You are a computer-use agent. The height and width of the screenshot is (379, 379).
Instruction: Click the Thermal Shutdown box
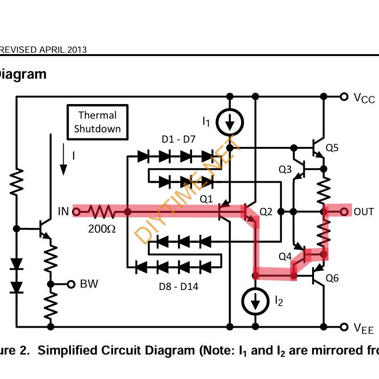point(97,122)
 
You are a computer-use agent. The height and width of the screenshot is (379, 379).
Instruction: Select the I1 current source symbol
point(230,123)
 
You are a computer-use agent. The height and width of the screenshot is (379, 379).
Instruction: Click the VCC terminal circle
point(345,97)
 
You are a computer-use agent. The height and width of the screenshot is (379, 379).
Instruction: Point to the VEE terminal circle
point(345,326)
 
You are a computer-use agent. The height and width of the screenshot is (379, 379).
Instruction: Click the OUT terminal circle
point(345,212)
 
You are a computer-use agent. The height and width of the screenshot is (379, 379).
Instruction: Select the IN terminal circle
point(76,212)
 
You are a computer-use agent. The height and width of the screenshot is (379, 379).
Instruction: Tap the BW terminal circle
point(71,284)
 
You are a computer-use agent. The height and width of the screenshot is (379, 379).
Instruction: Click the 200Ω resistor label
point(102,229)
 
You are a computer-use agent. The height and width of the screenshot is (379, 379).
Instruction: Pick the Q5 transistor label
point(332,148)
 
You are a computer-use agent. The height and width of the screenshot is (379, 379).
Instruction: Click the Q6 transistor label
point(332,278)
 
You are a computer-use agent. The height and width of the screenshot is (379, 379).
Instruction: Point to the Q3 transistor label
point(285,169)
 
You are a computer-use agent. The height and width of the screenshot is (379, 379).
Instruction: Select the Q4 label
point(285,257)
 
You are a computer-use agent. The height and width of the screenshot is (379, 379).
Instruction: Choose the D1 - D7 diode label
point(178,139)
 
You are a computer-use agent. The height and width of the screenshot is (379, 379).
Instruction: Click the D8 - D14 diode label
point(178,286)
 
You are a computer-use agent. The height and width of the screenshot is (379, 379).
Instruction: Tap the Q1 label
point(206,199)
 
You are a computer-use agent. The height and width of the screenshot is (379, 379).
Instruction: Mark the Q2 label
point(266,212)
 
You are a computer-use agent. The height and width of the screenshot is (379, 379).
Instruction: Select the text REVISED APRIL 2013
point(43,50)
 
